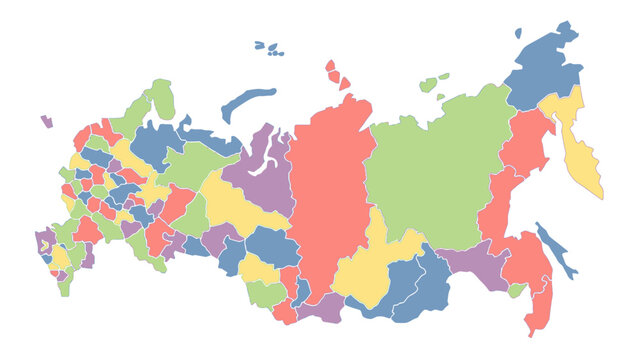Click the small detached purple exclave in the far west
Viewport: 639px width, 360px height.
point(46,121)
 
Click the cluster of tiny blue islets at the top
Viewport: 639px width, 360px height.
point(268,47)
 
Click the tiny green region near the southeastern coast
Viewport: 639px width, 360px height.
point(516,290)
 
